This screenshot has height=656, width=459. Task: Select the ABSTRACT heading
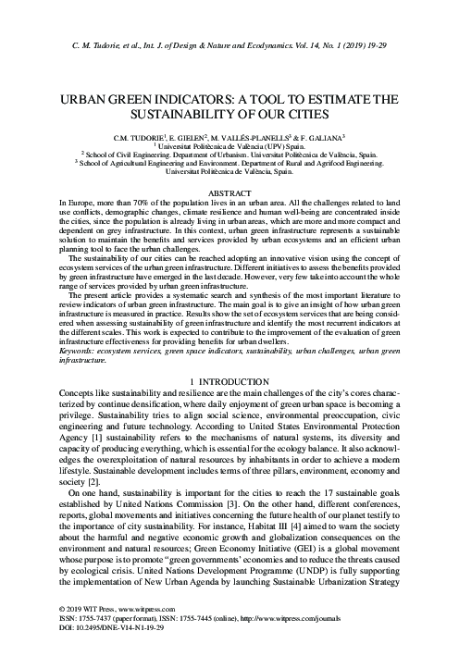[x=229, y=188]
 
